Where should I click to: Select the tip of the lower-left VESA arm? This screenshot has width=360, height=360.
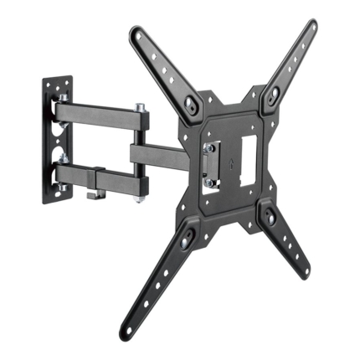pyautogui.click(x=129, y=330)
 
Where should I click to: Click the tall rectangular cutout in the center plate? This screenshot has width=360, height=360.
pyautogui.click(x=249, y=154)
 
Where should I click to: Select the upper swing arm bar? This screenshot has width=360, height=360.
pyautogui.click(x=96, y=111)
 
